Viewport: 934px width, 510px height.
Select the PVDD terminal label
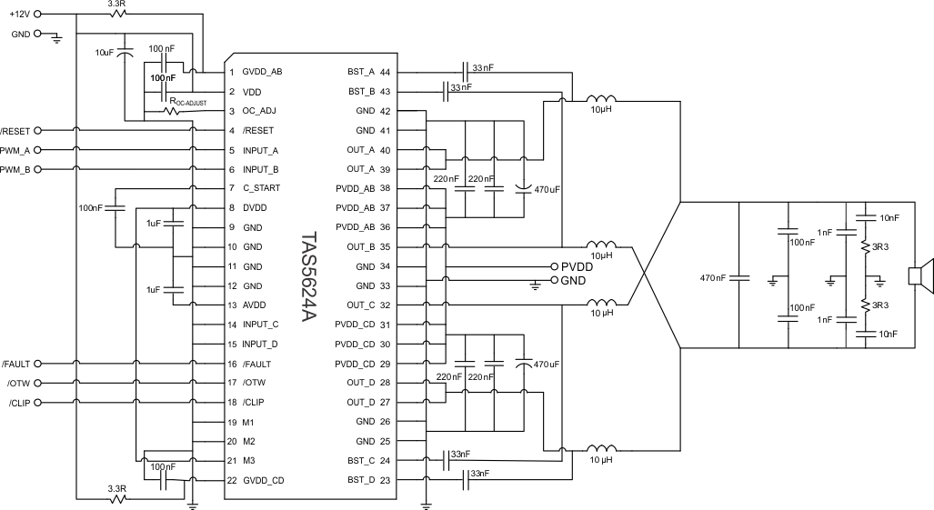click(577, 266)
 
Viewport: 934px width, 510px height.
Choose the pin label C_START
click(262, 188)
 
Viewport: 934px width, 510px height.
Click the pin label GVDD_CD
click(263, 481)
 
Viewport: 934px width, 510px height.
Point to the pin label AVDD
click(255, 305)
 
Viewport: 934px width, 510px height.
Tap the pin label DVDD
click(255, 208)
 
